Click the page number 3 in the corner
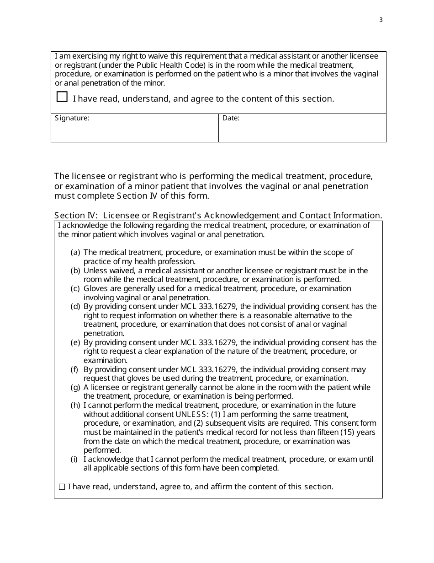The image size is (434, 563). (381, 20)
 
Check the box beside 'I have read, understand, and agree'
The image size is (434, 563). (62, 97)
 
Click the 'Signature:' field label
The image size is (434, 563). (72, 118)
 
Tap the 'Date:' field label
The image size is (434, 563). (231, 118)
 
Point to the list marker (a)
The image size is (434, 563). (75, 253)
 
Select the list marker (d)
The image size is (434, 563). (75, 307)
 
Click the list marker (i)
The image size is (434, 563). (74, 460)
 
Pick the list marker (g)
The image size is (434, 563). (75, 388)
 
